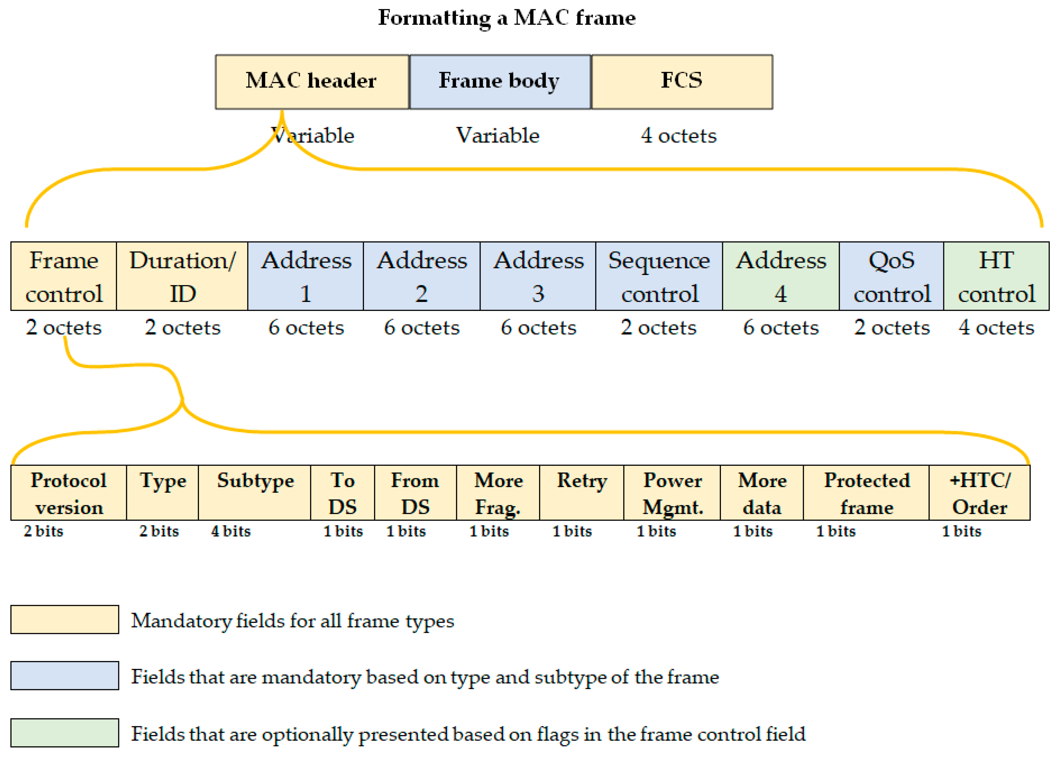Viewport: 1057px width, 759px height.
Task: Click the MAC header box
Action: [x=312, y=82]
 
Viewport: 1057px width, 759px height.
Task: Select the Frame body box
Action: [x=500, y=82]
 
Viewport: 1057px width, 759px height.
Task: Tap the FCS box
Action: [x=681, y=82]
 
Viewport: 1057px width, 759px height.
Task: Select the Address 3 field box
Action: [x=538, y=276]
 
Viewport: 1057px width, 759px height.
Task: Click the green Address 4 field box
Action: [x=780, y=276]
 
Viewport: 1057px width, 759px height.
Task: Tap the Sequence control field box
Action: [x=659, y=276]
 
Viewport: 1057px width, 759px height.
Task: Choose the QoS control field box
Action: [x=891, y=276]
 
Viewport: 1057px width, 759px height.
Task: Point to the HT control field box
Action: [x=996, y=276]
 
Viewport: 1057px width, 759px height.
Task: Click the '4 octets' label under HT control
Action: [x=996, y=328]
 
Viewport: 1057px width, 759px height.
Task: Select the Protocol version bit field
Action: [x=69, y=493]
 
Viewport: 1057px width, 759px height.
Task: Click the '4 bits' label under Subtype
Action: [x=231, y=531]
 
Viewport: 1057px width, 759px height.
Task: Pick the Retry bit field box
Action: [x=582, y=493]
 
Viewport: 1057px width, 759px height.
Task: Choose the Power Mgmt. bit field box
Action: [x=672, y=493]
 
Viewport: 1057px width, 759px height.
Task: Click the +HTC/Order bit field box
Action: [x=979, y=493]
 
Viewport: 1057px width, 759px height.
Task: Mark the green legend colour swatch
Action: [x=65, y=733]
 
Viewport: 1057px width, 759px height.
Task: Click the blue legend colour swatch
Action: [x=65, y=676]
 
